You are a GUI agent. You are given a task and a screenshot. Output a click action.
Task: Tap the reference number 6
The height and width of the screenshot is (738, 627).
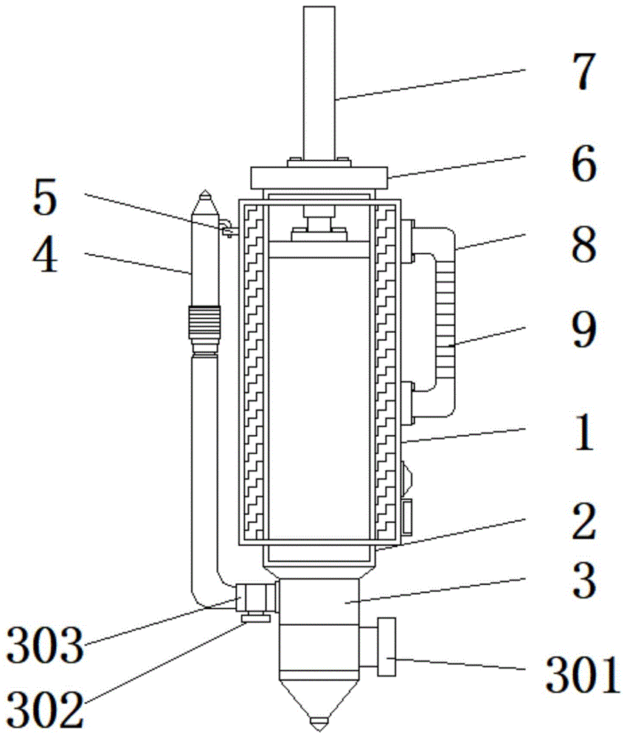[584, 164]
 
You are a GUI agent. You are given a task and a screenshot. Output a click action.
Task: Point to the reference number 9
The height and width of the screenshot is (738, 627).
[584, 331]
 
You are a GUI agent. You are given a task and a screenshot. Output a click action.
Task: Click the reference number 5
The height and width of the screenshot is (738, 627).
[45, 198]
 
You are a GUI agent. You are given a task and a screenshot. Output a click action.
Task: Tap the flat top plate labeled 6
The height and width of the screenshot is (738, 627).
[319, 178]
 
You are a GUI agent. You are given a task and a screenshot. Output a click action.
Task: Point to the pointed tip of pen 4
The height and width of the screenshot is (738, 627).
[205, 190]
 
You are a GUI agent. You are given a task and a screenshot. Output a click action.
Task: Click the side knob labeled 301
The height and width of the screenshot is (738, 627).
[387, 646]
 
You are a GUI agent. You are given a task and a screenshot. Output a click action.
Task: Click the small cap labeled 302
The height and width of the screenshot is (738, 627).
[255, 617]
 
